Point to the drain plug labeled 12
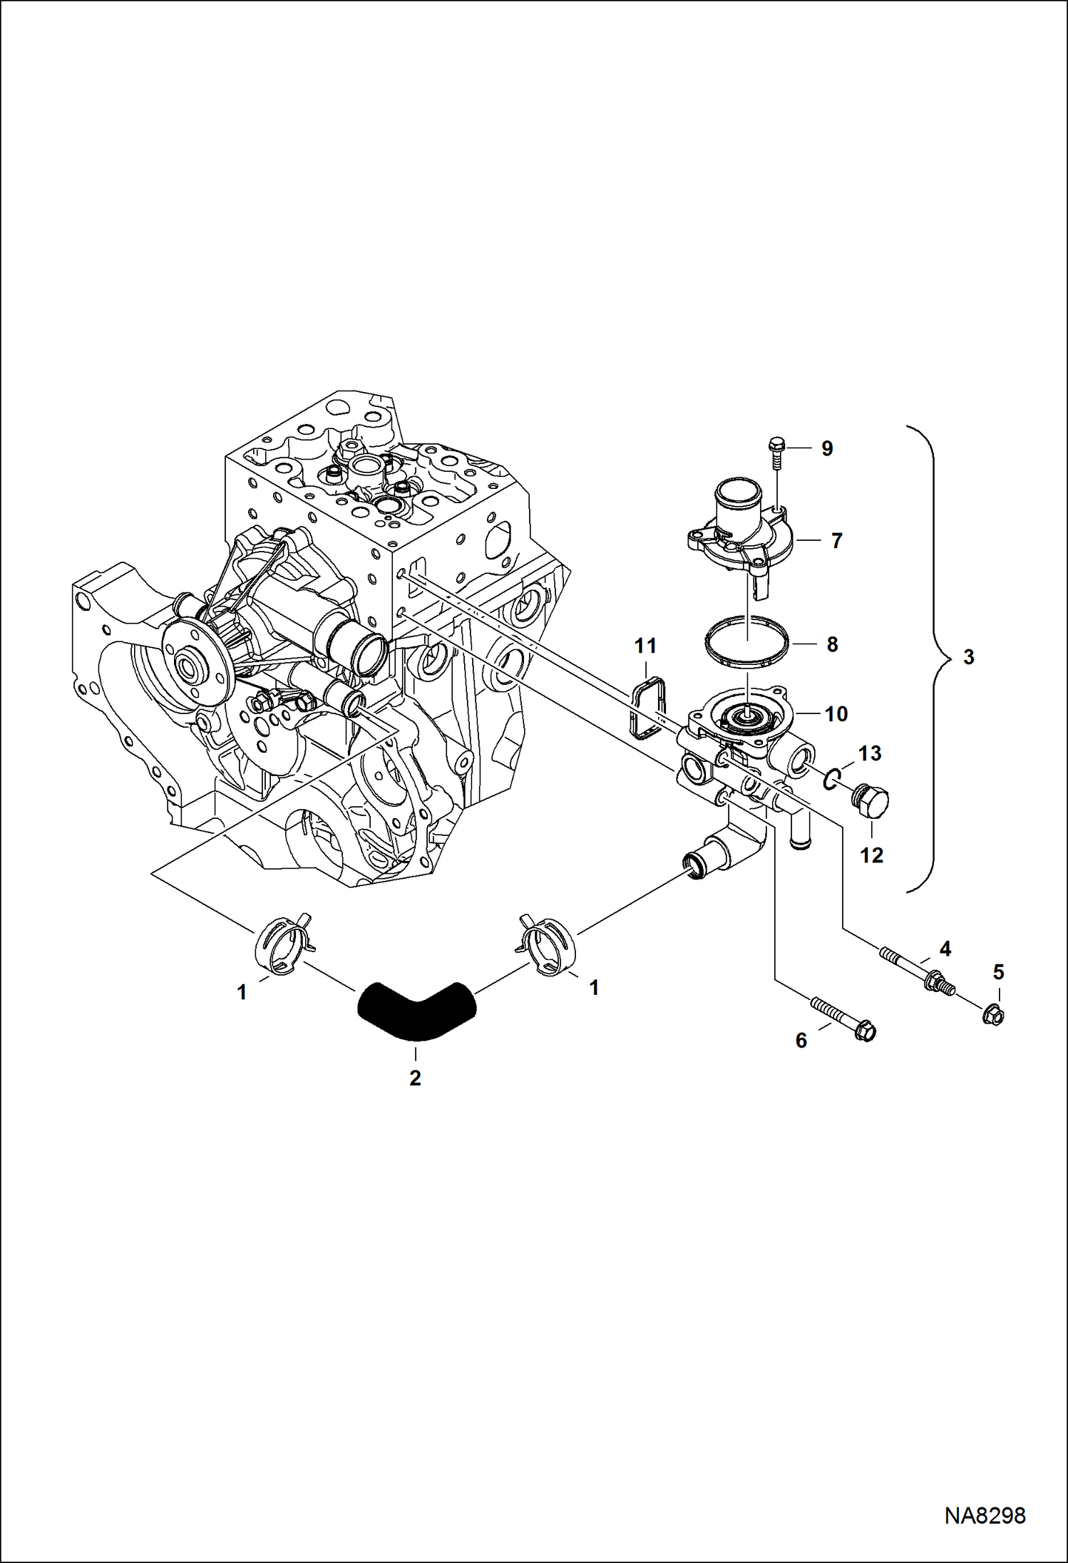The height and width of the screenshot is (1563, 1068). point(871,803)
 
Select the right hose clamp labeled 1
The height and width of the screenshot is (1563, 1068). point(548,944)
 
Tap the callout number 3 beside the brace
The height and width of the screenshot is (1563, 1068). point(968,657)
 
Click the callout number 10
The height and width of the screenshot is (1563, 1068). point(836,713)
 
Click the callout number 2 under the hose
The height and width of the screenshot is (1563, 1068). point(415,1078)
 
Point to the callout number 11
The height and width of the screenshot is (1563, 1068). point(645,646)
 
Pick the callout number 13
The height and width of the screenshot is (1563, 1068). point(870,753)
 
